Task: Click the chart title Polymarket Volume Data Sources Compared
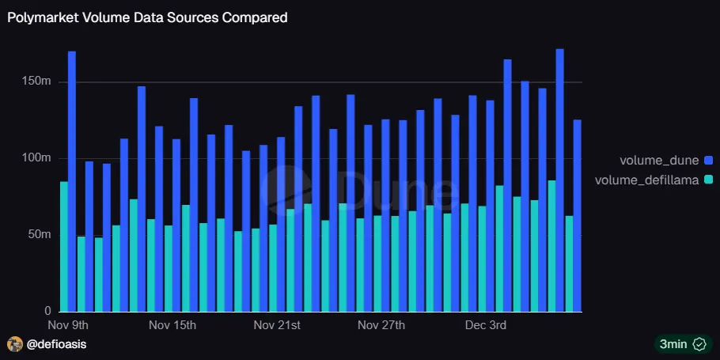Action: click(147, 17)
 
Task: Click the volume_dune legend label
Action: click(658, 161)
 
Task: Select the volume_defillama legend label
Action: click(646, 180)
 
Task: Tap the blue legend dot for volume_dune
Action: click(708, 161)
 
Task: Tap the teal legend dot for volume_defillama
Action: click(708, 180)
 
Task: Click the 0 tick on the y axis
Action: click(47, 311)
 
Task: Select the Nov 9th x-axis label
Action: click(68, 325)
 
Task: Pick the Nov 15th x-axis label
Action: click(172, 325)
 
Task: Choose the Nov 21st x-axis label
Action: click(277, 325)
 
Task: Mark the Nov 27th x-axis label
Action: click(381, 325)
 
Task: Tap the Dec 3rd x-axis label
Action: click(486, 325)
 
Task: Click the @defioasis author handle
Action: click(57, 344)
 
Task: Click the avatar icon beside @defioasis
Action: click(14, 344)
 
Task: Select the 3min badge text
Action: click(673, 344)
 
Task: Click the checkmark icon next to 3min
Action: click(699, 344)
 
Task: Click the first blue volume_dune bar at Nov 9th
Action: click(72, 181)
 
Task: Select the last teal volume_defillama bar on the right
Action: click(569, 263)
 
